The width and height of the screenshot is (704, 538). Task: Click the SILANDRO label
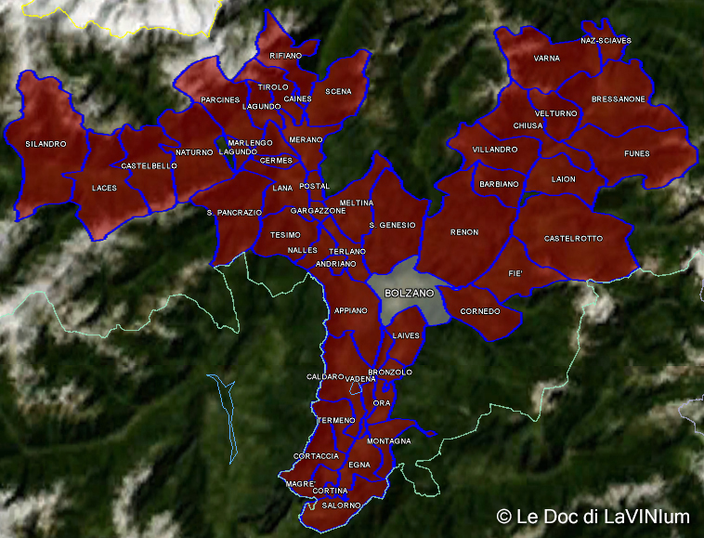46,144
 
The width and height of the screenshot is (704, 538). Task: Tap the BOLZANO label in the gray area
409,293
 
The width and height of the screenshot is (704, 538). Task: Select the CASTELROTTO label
573,239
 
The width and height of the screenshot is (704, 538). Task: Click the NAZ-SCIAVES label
606,41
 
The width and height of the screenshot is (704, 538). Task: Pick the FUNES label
637,153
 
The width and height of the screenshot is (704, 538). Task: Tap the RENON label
464,232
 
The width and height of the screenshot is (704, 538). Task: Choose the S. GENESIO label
392,225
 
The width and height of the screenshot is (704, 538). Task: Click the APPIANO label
351,310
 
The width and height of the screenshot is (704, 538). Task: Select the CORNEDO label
480,311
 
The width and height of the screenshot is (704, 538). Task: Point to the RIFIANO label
285,56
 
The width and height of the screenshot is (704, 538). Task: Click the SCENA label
338,91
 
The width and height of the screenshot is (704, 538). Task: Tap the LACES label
104,188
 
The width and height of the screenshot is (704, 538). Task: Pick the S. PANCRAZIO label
234,213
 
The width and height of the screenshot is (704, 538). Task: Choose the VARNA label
547,59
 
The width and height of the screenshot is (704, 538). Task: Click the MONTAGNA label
389,440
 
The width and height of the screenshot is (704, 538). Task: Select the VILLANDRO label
494,150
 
